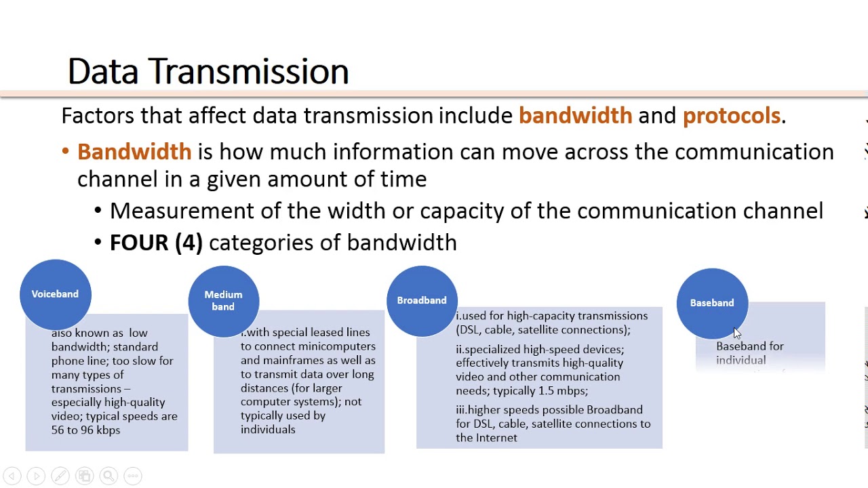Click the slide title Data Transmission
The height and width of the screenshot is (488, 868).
point(208,71)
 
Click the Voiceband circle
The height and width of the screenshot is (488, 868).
point(55,294)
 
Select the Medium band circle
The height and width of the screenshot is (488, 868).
point(223,301)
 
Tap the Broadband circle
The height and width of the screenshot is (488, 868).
point(421,300)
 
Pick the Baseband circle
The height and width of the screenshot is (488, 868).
point(711,303)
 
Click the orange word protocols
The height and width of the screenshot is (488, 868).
point(731,116)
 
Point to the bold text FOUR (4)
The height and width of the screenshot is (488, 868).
point(156,243)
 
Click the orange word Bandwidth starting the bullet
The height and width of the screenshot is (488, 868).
point(134,152)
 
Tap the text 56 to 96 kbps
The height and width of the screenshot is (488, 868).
point(85,430)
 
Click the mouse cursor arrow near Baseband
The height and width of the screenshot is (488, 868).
point(737,333)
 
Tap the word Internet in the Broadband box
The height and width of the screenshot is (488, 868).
point(496,438)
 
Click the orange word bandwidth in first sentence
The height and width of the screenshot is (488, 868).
point(575,116)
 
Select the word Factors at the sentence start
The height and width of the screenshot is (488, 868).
point(98,116)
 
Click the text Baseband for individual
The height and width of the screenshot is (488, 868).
point(749,353)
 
